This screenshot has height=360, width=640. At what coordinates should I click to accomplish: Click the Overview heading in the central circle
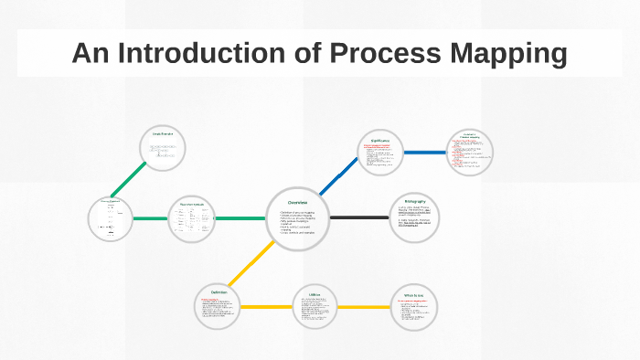coord(298,202)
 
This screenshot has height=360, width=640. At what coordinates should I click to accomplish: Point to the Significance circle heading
coord(381,141)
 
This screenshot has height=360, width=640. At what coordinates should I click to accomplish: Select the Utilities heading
coord(314,295)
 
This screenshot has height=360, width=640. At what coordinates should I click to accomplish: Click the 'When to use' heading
coord(415,295)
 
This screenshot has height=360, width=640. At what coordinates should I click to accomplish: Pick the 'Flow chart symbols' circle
coord(192,218)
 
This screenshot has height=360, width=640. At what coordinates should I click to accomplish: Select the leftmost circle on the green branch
coord(111,219)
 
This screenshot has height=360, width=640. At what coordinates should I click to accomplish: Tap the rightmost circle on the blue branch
coord(470,151)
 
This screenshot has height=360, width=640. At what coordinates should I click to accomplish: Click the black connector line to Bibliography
coord(359,217)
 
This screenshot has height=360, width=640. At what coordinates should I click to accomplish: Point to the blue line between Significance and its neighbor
coord(425,152)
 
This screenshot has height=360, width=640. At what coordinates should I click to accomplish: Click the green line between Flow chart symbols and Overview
coord(240,218)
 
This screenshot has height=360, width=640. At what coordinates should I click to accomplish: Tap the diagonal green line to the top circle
coord(129,180)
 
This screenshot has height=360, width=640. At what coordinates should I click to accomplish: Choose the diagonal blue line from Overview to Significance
coord(338,175)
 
